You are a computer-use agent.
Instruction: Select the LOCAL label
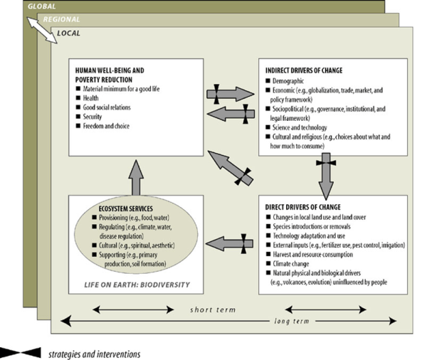click(69, 33)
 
